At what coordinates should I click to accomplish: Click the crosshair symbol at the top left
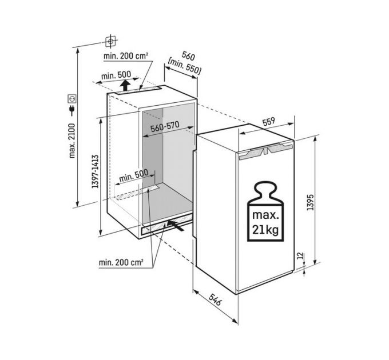click(x=110, y=41)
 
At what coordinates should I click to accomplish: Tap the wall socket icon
click(x=72, y=99)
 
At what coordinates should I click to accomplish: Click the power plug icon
click(x=72, y=110)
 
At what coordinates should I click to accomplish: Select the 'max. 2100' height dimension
click(x=72, y=141)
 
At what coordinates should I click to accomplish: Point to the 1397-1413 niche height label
click(x=95, y=171)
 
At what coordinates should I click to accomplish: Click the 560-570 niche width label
click(x=165, y=127)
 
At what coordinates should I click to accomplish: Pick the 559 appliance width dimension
click(x=269, y=121)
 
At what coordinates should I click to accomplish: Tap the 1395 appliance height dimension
click(x=310, y=202)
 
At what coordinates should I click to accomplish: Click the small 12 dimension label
click(x=300, y=255)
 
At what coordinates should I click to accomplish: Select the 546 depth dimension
click(x=215, y=299)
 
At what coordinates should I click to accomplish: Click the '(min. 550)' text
click(x=184, y=66)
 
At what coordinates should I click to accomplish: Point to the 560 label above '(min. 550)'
click(x=188, y=56)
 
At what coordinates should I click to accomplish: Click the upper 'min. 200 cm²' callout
click(x=126, y=56)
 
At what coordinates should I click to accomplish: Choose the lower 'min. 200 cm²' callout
click(x=121, y=262)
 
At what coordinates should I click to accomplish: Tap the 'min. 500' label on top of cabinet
click(x=116, y=75)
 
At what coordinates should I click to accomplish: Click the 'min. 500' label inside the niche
click(x=134, y=175)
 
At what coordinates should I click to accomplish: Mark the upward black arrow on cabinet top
click(x=125, y=86)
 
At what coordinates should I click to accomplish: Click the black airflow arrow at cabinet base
click(x=176, y=226)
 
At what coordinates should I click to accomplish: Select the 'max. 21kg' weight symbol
click(x=265, y=211)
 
